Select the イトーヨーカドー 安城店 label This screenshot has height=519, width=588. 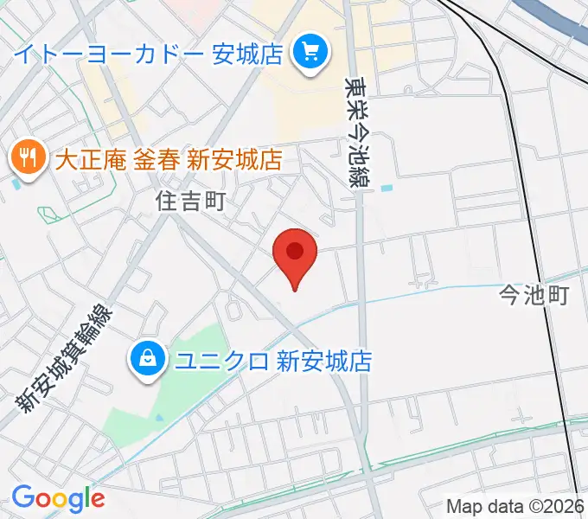(149, 54)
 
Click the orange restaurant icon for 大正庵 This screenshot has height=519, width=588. (28, 157)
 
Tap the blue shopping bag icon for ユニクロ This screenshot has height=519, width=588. (149, 359)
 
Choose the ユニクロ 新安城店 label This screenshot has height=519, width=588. (272, 361)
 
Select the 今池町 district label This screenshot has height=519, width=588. (534, 297)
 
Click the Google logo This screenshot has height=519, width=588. (58, 498)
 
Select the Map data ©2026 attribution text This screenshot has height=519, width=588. (516, 506)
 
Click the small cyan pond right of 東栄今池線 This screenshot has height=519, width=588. (386, 187)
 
